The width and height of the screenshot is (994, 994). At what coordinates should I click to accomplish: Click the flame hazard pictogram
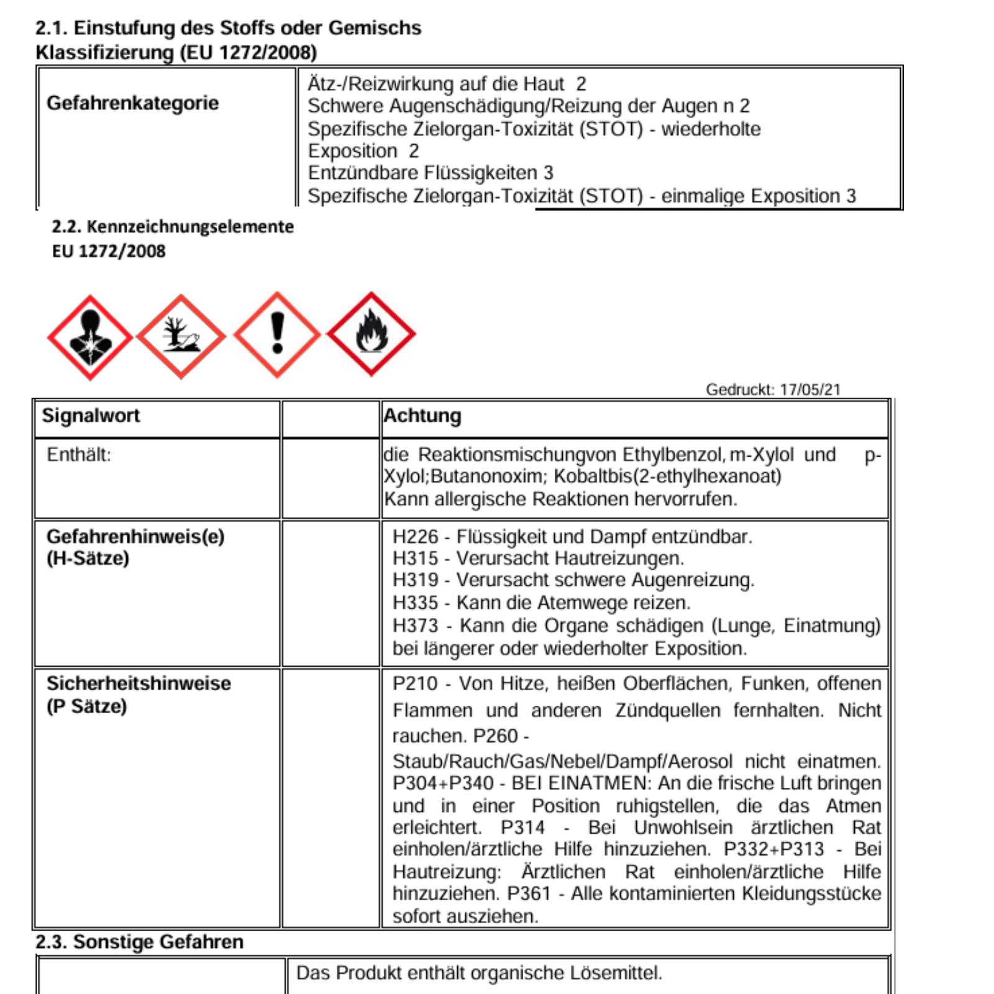(x=371, y=334)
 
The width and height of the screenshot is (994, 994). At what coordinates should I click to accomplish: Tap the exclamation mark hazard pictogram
(x=277, y=334)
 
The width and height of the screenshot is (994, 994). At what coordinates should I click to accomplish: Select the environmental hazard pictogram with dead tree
(x=181, y=336)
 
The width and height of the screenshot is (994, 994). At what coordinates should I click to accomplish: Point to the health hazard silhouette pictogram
(x=90, y=337)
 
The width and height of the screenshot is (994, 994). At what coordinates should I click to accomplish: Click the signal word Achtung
(x=422, y=416)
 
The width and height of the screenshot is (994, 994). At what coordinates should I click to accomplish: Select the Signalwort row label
(x=91, y=416)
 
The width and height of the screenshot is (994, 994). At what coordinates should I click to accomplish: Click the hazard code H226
(x=415, y=537)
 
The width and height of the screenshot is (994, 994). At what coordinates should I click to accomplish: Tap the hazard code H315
(x=415, y=559)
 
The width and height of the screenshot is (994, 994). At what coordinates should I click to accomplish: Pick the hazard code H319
(x=415, y=580)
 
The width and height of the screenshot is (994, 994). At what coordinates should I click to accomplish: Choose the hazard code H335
(x=415, y=603)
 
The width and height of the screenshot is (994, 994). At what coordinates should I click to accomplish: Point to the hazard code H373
(x=415, y=626)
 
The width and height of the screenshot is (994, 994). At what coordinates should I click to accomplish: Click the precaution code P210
(x=415, y=683)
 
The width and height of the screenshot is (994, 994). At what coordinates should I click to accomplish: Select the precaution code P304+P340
(x=443, y=783)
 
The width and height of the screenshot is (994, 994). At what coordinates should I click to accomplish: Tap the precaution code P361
(x=529, y=893)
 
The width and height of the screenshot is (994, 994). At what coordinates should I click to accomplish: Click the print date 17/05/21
(x=810, y=390)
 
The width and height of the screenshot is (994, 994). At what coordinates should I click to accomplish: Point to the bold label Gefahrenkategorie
(x=132, y=103)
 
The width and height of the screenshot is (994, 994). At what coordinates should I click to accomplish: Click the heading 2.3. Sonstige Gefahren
(x=139, y=942)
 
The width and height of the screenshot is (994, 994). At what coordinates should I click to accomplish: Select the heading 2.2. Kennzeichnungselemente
(x=173, y=227)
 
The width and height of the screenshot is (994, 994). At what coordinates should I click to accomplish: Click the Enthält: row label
(x=79, y=455)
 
